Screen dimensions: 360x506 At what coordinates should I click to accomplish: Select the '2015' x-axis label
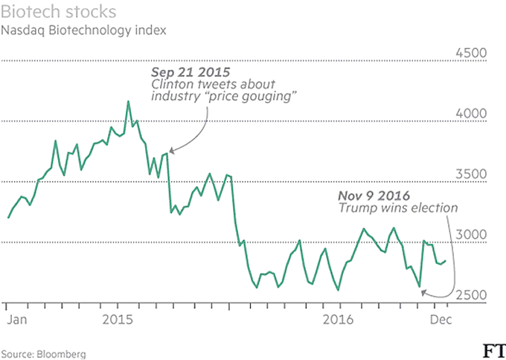118,319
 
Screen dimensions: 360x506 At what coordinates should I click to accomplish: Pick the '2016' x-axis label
339,319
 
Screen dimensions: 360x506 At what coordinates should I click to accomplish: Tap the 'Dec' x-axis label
440,319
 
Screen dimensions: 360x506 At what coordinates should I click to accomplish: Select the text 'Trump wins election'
398,208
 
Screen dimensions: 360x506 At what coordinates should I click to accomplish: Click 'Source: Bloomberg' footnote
44,353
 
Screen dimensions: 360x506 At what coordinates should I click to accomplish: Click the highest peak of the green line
127,101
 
